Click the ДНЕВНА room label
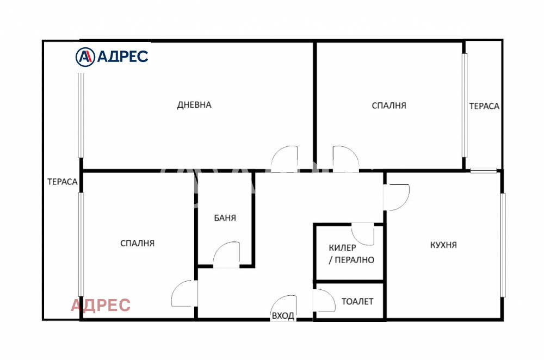pos(194,105)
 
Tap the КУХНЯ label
pos(443,245)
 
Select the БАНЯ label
pos(225,218)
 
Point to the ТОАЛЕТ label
pos(357,301)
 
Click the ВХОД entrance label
pos(283,315)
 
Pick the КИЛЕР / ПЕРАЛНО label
pos(351,253)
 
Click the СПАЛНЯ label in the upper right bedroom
pos(389,105)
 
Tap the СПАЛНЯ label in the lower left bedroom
pos(138,243)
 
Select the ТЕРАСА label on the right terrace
pos(484,106)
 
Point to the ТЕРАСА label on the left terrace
pos(63,182)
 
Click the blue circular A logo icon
pos(85,57)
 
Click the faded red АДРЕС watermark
pos(101,305)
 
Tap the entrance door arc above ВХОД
pos(284,307)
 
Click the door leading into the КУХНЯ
pos(396,197)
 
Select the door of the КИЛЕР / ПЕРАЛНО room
pos(363,234)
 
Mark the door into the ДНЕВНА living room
pos(284,159)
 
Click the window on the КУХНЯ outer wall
pos(503,245)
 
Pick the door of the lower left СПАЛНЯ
pos(184,294)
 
